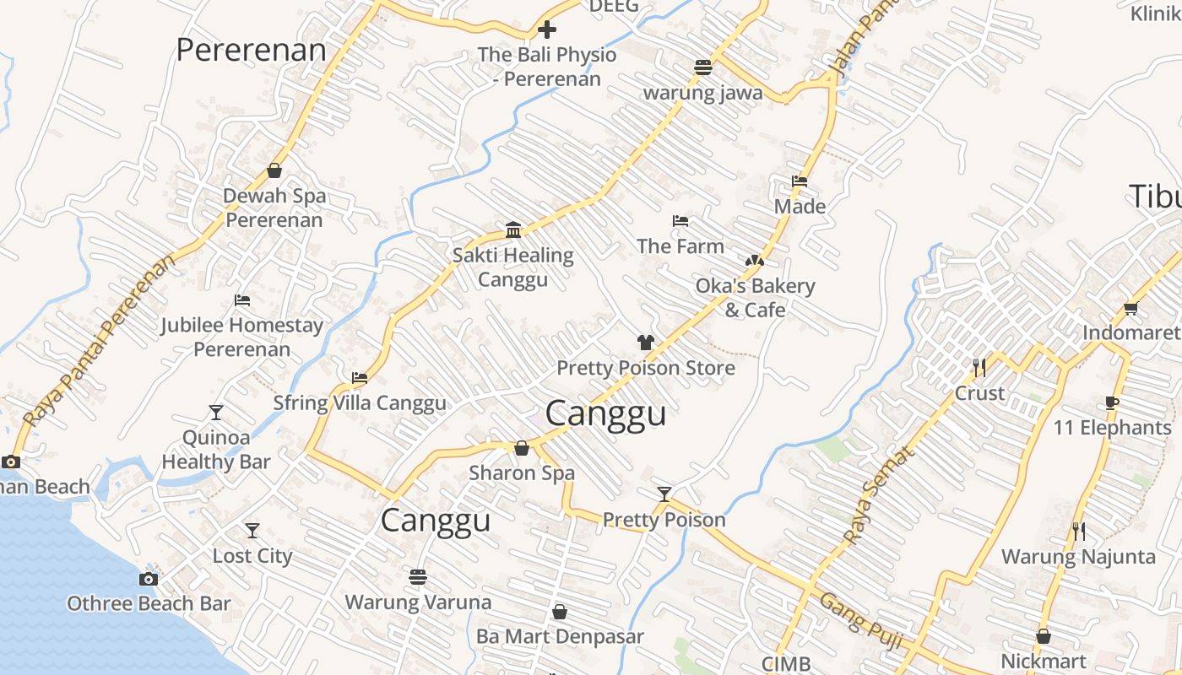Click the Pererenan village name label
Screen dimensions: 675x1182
point(251,50)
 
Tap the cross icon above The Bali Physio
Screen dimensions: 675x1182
point(547,30)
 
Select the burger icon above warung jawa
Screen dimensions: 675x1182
point(703,67)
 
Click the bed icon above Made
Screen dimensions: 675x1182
point(800,181)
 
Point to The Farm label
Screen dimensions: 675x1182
point(680,246)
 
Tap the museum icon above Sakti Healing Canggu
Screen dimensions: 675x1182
point(512,229)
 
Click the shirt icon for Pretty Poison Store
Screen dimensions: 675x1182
point(646,343)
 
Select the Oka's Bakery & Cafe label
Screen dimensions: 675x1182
point(755,298)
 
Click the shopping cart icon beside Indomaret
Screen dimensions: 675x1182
point(1130,308)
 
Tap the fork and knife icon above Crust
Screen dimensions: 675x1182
point(979,367)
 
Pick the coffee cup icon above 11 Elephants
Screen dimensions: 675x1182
point(1112,402)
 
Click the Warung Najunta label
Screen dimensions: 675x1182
point(1078,557)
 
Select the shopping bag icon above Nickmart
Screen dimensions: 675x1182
point(1044,636)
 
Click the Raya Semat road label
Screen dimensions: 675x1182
point(879,494)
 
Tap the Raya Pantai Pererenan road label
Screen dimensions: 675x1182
point(100,340)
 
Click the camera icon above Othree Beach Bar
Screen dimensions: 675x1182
point(149,579)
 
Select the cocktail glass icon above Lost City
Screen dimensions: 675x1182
point(252,531)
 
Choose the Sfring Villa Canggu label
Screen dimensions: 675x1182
point(360,403)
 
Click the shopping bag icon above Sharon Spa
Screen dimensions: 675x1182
point(522,448)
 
